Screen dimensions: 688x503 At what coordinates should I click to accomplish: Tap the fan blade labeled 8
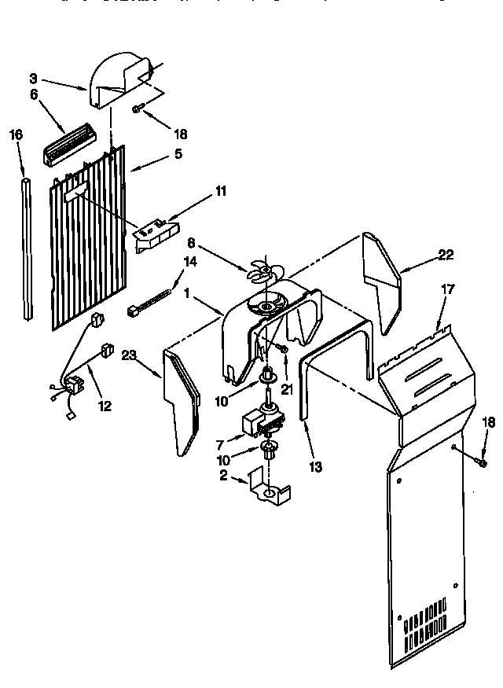click(x=261, y=272)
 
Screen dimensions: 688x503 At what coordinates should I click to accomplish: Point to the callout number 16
click(x=16, y=134)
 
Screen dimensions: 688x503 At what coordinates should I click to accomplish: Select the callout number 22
click(x=446, y=253)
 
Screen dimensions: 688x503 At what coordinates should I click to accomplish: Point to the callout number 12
click(x=105, y=407)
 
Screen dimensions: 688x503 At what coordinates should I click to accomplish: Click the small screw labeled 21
click(x=282, y=348)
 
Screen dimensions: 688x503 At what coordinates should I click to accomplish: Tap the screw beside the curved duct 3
click(x=137, y=111)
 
